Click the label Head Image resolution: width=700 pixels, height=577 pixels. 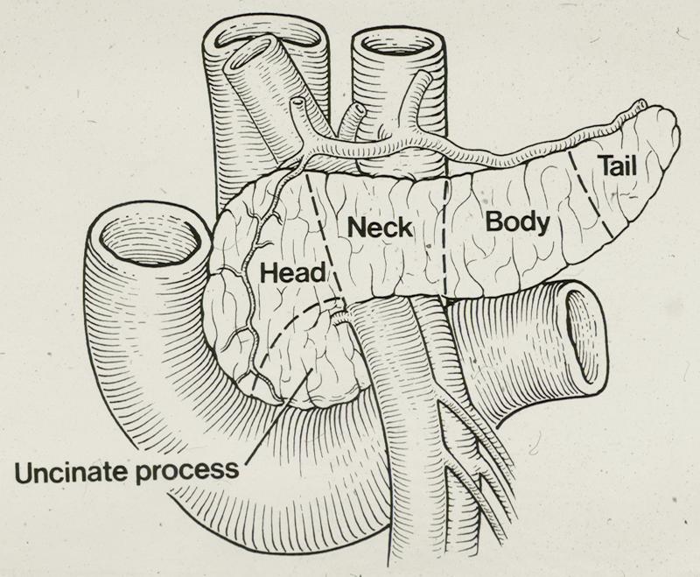[285, 273]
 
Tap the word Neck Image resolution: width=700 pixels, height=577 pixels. [380, 229]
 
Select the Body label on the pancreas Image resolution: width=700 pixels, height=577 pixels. [518, 222]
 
